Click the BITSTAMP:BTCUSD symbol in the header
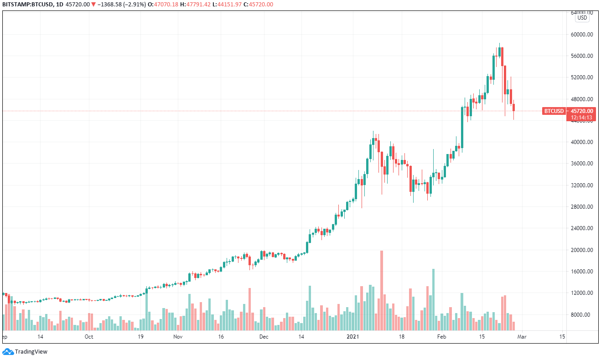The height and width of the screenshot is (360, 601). (x=25, y=5)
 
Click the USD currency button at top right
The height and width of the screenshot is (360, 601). (x=582, y=18)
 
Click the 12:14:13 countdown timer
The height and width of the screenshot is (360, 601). (x=582, y=118)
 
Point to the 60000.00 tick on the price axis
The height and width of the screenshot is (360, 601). (x=582, y=34)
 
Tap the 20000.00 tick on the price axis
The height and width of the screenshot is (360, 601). (x=582, y=250)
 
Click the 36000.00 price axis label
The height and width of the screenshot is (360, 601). (x=582, y=164)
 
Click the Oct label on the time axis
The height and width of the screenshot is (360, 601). (x=89, y=337)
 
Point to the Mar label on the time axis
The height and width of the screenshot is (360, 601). (x=522, y=337)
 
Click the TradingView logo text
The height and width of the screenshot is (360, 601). (x=31, y=351)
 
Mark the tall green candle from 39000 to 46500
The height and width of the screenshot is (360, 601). (x=462, y=127)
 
